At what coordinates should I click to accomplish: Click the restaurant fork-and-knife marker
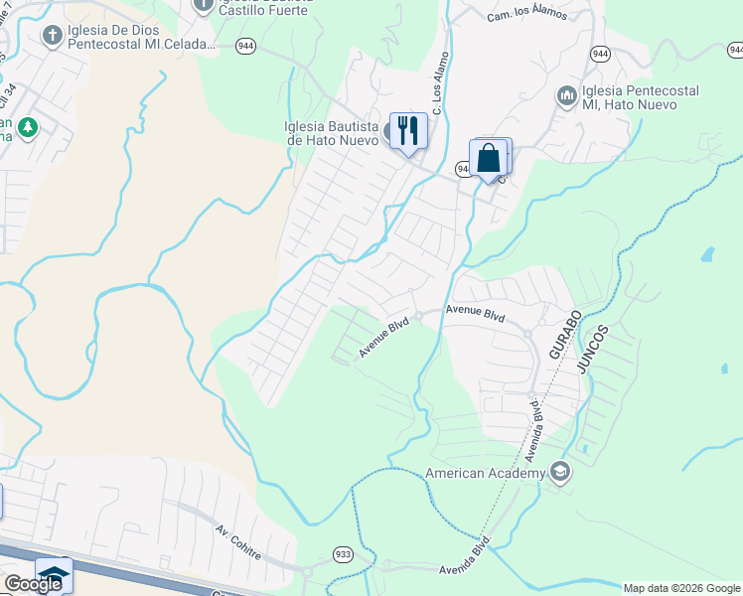coord(408,130)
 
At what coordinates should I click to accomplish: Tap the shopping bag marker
coord(488,158)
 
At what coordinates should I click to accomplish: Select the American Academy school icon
coord(560,473)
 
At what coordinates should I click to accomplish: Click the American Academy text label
coord(485,474)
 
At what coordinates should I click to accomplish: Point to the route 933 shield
coord(343,554)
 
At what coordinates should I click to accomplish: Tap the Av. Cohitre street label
coord(238,544)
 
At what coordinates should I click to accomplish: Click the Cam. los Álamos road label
coord(526,15)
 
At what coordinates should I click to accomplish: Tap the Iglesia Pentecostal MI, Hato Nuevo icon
coord(567,95)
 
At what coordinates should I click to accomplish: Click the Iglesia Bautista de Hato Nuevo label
coord(331,133)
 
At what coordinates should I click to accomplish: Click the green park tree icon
coord(28,127)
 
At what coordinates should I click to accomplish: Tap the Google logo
coord(33,583)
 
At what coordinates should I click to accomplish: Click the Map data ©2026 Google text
coord(681,588)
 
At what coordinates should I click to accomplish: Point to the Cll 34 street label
coord(9,100)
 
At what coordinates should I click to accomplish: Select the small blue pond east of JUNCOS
coord(706,254)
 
